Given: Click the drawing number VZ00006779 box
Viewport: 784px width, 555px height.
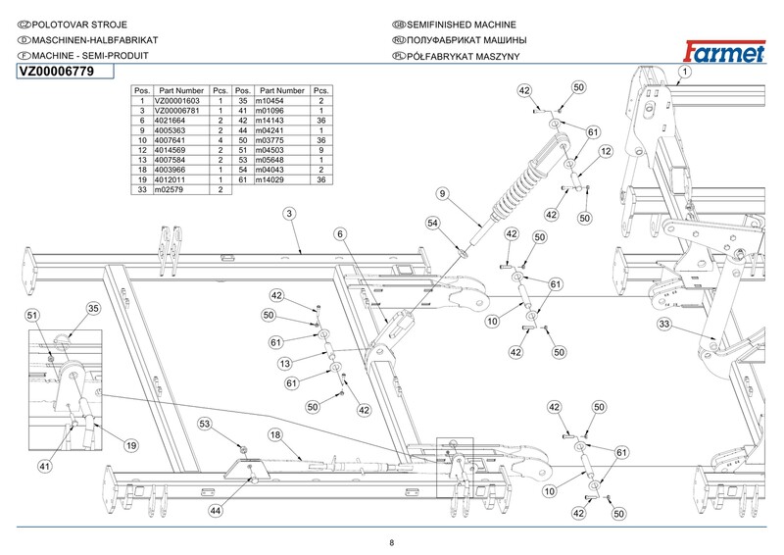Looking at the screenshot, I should pyautogui.click(x=60, y=71).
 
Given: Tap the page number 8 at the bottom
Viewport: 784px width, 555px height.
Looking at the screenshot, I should pyautogui.click(x=391, y=542).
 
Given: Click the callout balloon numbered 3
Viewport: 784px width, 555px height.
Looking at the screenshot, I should pyautogui.click(x=291, y=213).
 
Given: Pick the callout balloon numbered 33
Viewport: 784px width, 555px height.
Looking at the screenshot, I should pyautogui.click(x=663, y=324).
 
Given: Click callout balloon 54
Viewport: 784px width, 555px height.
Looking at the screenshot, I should pyautogui.click(x=431, y=225).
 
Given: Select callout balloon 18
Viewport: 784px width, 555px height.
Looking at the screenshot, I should pyautogui.click(x=275, y=434).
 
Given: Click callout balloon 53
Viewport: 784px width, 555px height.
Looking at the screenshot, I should pyautogui.click(x=205, y=424).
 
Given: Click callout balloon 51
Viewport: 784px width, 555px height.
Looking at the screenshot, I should pyautogui.click(x=32, y=315).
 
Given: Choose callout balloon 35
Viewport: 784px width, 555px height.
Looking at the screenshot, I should pyautogui.click(x=94, y=309).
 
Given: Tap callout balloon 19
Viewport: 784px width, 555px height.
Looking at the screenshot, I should pyautogui.click(x=129, y=445).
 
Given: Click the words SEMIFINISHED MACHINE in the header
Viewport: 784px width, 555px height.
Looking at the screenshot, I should pyautogui.click(x=460, y=24).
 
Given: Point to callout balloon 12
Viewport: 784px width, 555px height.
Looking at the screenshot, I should pyautogui.click(x=607, y=151).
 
